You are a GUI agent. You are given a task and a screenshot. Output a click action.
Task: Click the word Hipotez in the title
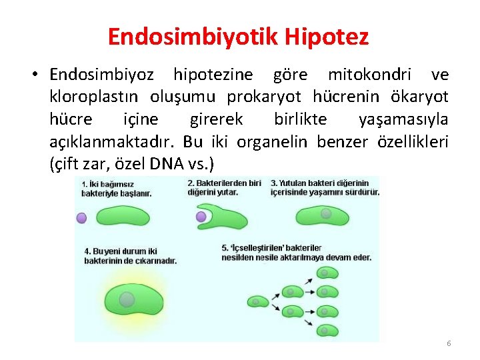pyautogui.click(x=328, y=37)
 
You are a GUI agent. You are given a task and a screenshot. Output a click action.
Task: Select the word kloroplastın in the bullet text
pyautogui.click(x=95, y=97)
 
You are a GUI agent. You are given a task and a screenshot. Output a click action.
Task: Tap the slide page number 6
pyautogui.click(x=449, y=343)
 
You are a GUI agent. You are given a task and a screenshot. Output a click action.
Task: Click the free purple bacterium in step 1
pyautogui.click(x=81, y=217)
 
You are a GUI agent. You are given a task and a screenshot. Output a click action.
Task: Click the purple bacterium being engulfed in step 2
pyautogui.click(x=201, y=217)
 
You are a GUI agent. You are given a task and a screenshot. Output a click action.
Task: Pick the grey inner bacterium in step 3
pyautogui.click(x=326, y=214)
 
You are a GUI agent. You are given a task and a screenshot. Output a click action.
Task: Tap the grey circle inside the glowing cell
pyautogui.click(x=127, y=299)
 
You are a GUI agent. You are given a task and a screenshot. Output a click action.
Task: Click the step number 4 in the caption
pyautogui.click(x=87, y=251)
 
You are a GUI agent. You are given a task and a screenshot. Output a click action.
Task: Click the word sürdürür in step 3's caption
pyautogui.click(x=363, y=192)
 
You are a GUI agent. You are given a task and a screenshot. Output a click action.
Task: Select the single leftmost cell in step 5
pyautogui.click(x=255, y=301)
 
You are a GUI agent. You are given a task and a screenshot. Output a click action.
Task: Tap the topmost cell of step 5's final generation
pyautogui.click(x=329, y=272)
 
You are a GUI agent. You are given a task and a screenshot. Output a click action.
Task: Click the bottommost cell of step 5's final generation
pyautogui.click(x=329, y=331)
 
